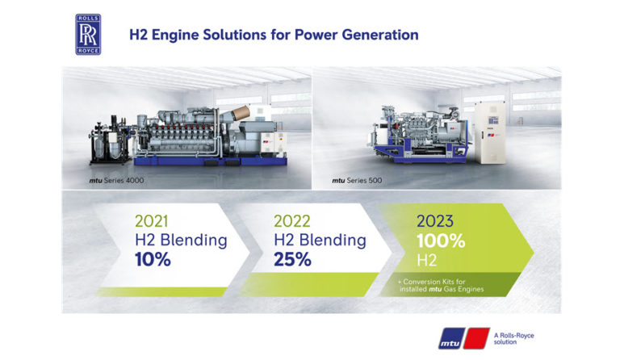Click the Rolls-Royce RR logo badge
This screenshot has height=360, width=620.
tap(88, 35)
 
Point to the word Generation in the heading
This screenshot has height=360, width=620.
tap(380, 35)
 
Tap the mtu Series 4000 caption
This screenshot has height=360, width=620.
tap(116, 181)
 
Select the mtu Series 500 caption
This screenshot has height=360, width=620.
tap(357, 181)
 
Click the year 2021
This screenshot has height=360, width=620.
tap(152, 221)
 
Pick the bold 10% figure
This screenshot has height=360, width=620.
tap(153, 260)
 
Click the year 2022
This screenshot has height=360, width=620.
tap(291, 221)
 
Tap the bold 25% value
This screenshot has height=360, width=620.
tap(292, 260)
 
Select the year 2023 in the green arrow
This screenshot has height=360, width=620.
tap(435, 221)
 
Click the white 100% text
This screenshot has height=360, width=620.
tap(441, 241)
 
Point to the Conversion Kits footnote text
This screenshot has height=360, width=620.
tap(441, 285)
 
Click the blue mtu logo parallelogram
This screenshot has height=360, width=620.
tap(451, 339)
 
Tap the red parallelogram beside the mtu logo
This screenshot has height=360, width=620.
tap(476, 338)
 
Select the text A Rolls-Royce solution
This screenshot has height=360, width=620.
tap(513, 339)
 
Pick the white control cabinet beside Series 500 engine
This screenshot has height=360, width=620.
tap(490, 132)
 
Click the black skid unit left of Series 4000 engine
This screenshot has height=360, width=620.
tap(110, 140)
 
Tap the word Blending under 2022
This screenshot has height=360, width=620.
tap(333, 241)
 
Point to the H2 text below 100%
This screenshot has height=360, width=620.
tap(426, 261)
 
